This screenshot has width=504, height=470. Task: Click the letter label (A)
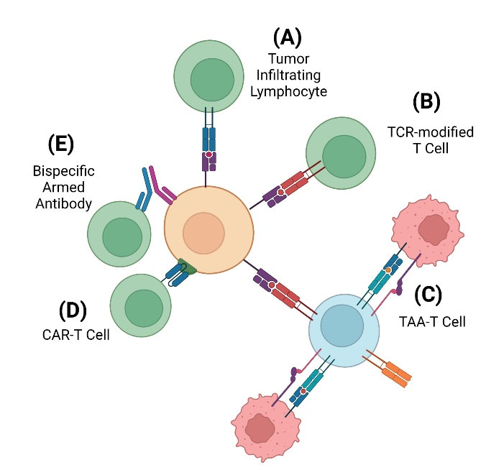point(286,37)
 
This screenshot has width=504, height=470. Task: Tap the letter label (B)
point(426,103)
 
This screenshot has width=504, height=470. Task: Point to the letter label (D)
point(73,311)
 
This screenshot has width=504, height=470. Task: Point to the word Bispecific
point(64,172)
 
